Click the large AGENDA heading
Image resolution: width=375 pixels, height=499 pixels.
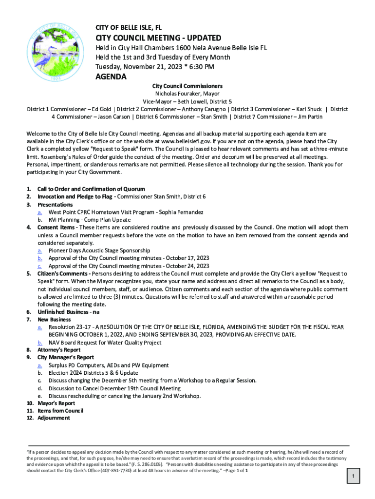point(111,77)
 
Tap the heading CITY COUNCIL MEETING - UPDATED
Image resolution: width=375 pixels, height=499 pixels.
point(158,38)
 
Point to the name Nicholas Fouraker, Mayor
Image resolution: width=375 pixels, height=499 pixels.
point(187,94)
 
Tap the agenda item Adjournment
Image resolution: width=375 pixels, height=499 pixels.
point(54,418)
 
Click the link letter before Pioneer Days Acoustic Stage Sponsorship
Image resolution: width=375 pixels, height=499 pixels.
point(39,250)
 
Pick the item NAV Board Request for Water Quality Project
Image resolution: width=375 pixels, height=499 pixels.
point(105,343)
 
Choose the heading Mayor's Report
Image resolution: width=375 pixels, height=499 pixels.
point(56,403)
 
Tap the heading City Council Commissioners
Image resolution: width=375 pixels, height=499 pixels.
point(187,86)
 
